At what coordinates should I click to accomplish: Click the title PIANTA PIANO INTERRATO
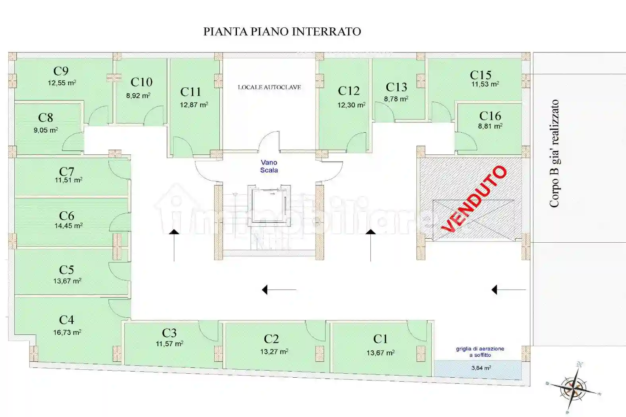point(282,31)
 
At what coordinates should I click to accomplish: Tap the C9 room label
point(61,71)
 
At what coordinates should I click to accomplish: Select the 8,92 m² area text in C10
point(138,96)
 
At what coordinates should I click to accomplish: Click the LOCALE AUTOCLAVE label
point(269,87)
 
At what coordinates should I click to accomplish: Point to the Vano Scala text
point(269,166)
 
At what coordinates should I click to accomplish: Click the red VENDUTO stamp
point(474,199)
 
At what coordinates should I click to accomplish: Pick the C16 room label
point(490,116)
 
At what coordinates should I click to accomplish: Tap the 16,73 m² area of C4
point(67,332)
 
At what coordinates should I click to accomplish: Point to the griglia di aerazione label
point(480,352)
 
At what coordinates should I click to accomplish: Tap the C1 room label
point(380,339)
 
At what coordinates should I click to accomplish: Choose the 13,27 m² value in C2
point(274,352)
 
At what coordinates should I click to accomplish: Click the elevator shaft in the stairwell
point(267,205)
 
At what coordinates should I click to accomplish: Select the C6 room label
point(66,216)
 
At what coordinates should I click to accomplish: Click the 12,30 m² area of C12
point(351,105)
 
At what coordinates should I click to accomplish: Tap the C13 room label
point(396,87)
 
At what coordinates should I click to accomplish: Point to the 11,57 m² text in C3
point(169,344)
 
